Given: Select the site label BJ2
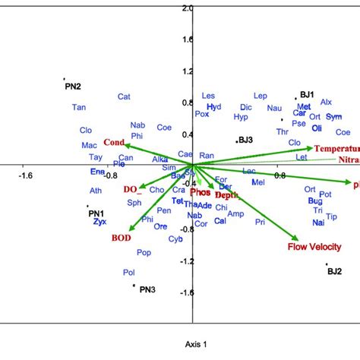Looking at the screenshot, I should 334,270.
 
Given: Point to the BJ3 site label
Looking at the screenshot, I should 245,141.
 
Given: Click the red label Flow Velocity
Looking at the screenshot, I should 313,247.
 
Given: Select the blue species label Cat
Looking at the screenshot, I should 124,96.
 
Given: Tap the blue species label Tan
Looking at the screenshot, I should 79,108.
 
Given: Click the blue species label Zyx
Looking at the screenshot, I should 99,223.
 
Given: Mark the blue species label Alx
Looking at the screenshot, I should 327,102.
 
